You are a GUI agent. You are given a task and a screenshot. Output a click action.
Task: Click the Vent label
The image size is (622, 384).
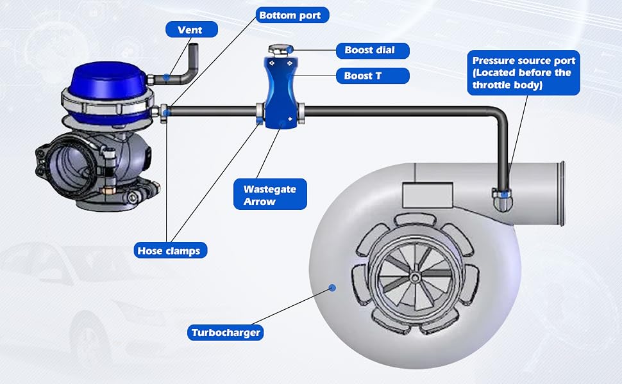(x=192, y=29)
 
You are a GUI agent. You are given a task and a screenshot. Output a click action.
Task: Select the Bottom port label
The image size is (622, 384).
(x=292, y=15)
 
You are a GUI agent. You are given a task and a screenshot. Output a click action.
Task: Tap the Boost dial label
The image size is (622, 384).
(x=373, y=51)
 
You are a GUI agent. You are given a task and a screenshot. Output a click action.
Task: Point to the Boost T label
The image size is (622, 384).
(x=373, y=76)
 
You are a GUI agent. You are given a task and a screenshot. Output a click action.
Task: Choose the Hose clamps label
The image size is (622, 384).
(x=170, y=250)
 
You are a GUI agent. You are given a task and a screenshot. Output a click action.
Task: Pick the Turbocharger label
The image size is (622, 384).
(x=225, y=333)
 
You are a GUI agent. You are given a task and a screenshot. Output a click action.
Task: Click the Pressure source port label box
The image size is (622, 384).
(x=524, y=72)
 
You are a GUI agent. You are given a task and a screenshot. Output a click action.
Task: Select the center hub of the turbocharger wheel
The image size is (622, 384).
(x=414, y=278)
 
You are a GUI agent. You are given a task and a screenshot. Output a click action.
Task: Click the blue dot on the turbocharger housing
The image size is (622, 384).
(x=332, y=287)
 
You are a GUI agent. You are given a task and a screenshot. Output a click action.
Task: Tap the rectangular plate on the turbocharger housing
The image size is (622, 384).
(x=428, y=195)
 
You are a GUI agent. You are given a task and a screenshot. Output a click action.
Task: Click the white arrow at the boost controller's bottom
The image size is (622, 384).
(x=290, y=119)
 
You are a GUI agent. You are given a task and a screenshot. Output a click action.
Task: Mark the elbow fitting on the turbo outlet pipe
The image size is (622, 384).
(x=502, y=200)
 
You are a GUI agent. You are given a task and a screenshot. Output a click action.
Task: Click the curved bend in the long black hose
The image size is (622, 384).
(x=500, y=114)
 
